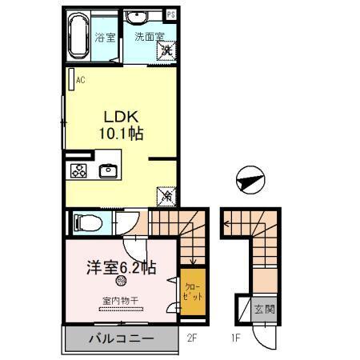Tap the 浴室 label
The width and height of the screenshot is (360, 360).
click(105, 37)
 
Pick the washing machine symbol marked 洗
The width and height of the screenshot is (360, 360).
click(167, 50)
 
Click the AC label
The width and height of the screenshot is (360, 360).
click(80, 79)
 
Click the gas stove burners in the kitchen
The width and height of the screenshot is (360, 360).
click(79, 170)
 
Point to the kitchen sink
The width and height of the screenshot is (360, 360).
click(107, 170)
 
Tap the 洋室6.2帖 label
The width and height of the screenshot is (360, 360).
click(121, 268)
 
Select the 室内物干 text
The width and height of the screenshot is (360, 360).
click(121, 301)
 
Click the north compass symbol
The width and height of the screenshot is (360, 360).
click(250, 181)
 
